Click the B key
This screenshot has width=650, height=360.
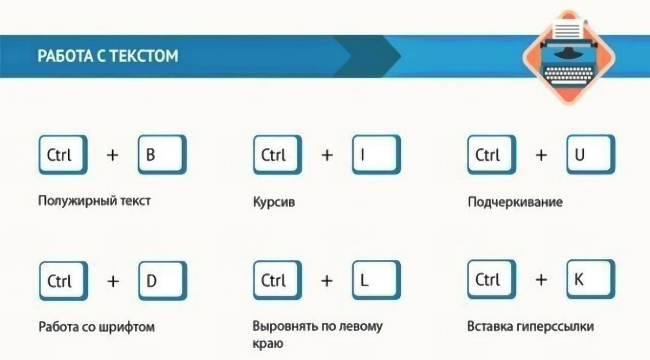(x=162, y=155)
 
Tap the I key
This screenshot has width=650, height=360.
(x=376, y=155)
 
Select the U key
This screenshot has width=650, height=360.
(x=590, y=155)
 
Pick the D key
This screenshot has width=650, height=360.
(x=162, y=280)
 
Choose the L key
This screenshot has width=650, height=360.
(x=376, y=280)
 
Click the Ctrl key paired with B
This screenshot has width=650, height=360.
(x=62, y=155)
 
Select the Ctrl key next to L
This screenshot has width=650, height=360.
(x=277, y=280)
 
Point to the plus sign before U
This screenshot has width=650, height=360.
(x=541, y=155)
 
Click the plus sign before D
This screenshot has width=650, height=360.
(x=113, y=281)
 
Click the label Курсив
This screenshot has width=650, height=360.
(x=269, y=202)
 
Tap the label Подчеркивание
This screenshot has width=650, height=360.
(x=515, y=202)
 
